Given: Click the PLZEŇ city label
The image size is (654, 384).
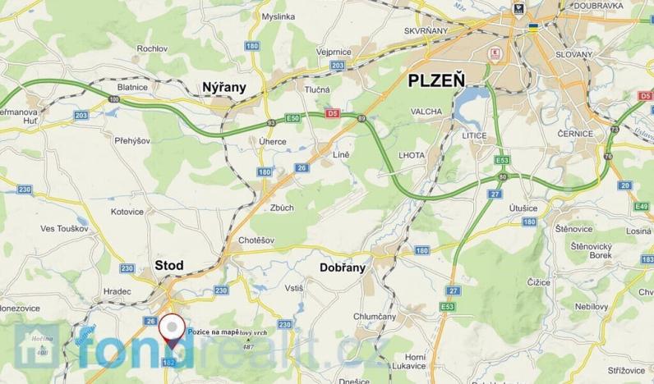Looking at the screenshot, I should (435, 81).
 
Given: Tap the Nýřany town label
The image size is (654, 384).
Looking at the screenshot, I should (223, 85).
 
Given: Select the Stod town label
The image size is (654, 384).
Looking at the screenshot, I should (169, 265).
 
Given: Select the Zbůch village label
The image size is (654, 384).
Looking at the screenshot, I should (281, 208).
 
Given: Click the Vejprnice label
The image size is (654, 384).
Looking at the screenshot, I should (334, 51).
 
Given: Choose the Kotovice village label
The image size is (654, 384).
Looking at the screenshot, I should (127, 212).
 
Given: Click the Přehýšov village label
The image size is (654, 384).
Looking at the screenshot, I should (132, 141).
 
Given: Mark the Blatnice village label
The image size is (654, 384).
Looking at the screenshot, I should (132, 86).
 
